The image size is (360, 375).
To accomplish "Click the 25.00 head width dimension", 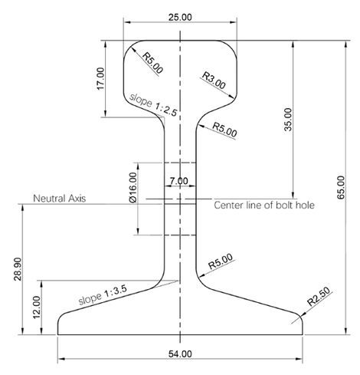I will point(180,16).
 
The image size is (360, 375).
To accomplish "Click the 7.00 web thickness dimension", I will point(178,181).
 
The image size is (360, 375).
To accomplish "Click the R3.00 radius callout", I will point(214,81).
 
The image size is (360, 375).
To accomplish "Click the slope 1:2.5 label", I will point(153,105).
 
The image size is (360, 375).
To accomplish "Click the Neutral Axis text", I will point(59,198).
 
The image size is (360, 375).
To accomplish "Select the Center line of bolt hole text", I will point(264,205).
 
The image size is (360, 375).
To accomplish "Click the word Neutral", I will point(48,198).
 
